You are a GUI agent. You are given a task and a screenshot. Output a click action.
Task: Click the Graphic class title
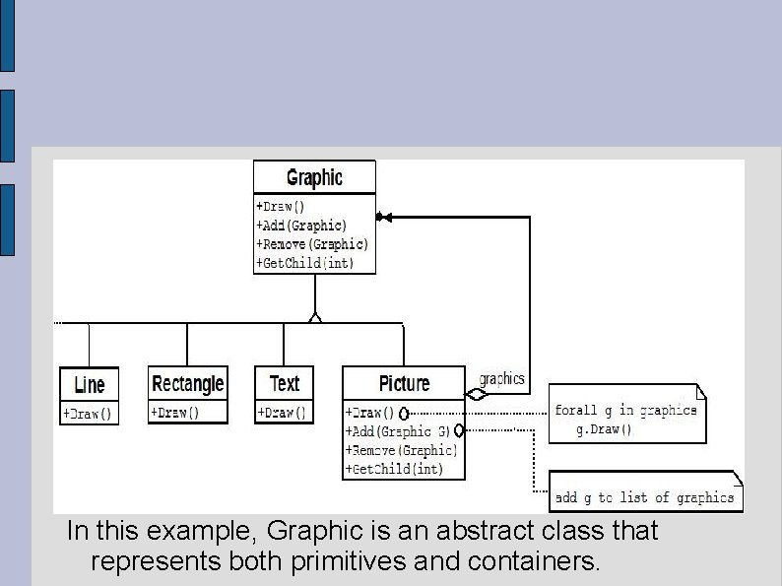click(314, 177)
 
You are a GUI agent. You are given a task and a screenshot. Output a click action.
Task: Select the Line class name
click(89, 384)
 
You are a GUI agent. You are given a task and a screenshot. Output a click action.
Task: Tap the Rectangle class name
click(187, 383)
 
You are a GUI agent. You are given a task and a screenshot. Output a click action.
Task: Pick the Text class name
click(284, 383)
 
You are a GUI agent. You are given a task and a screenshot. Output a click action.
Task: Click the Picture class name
click(404, 383)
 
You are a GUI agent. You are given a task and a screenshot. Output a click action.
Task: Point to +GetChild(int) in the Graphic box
click(304, 263)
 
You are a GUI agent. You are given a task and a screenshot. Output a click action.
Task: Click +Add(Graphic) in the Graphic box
click(301, 226)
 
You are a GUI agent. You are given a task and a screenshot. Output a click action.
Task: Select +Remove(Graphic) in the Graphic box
click(311, 244)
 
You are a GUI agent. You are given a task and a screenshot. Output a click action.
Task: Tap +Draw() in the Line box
click(89, 414)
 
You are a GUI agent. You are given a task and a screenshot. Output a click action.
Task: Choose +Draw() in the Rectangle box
click(174, 413)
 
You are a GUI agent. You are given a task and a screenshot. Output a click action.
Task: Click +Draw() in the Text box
click(282, 413)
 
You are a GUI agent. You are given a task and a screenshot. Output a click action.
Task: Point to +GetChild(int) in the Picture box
click(394, 469)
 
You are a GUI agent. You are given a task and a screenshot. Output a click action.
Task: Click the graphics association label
click(501, 379)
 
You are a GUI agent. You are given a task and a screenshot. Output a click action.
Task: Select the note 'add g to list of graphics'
click(645, 497)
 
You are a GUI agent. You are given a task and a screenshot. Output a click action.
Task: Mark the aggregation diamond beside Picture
click(476, 394)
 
